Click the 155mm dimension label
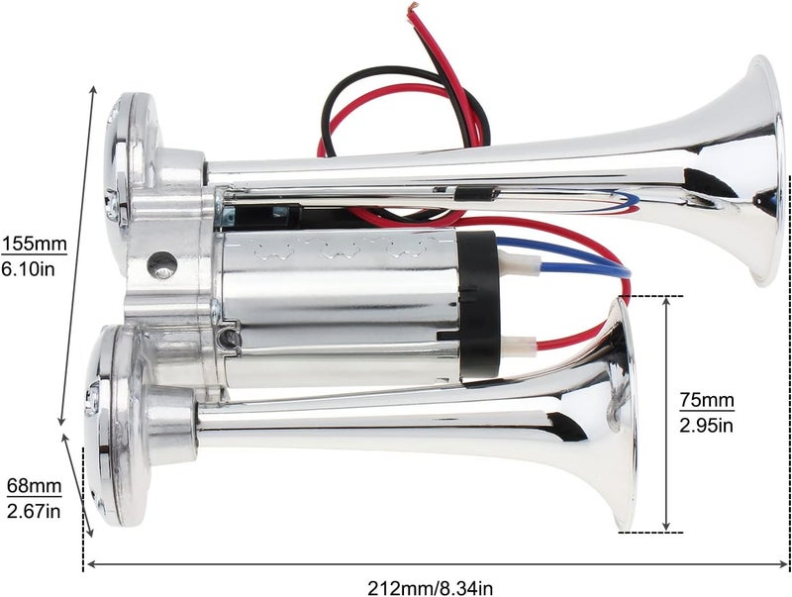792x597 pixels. click(35, 244)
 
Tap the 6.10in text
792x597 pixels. click(29, 269)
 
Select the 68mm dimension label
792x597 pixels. click(35, 486)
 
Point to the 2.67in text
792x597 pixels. click(34, 511)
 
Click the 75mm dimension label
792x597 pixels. click(706, 400)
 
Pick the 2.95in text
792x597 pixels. click(706, 426)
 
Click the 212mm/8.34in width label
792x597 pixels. click(430, 588)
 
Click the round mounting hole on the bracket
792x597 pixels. click(162, 263)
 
